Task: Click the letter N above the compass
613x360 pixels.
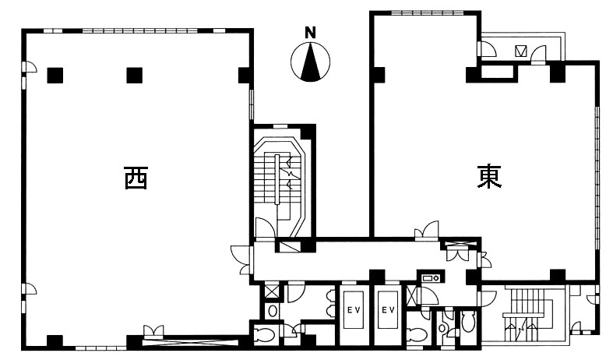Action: click(310, 33)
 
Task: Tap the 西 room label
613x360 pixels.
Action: click(136, 178)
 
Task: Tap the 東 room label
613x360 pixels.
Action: click(489, 176)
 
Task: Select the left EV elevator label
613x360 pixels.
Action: click(353, 310)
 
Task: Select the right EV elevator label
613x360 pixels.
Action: click(388, 310)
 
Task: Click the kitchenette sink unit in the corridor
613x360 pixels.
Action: click(431, 277)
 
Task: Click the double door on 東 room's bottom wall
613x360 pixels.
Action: click(427, 230)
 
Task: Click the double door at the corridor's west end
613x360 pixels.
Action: click(241, 259)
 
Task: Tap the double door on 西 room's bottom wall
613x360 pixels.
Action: click(153, 331)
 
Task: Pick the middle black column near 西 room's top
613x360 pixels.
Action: click(135, 76)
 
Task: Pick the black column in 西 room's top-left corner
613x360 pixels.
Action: click(55, 76)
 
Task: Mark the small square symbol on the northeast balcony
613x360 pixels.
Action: click(521, 51)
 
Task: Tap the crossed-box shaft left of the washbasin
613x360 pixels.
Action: click(271, 291)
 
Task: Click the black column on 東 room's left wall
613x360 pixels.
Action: click(379, 75)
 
